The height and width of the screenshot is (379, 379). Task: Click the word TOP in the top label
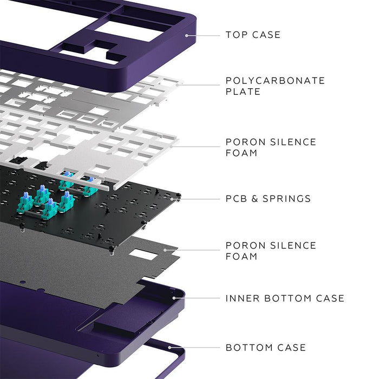(237, 35)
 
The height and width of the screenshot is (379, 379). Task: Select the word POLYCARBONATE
(275, 81)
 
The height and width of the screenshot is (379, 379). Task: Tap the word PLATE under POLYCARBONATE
(243, 92)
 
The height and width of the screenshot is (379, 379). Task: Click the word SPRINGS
(287, 199)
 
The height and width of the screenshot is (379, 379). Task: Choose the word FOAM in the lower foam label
(241, 256)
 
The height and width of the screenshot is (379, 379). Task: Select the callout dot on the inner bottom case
(174, 297)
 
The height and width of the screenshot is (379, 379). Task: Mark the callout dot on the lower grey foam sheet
(175, 250)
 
